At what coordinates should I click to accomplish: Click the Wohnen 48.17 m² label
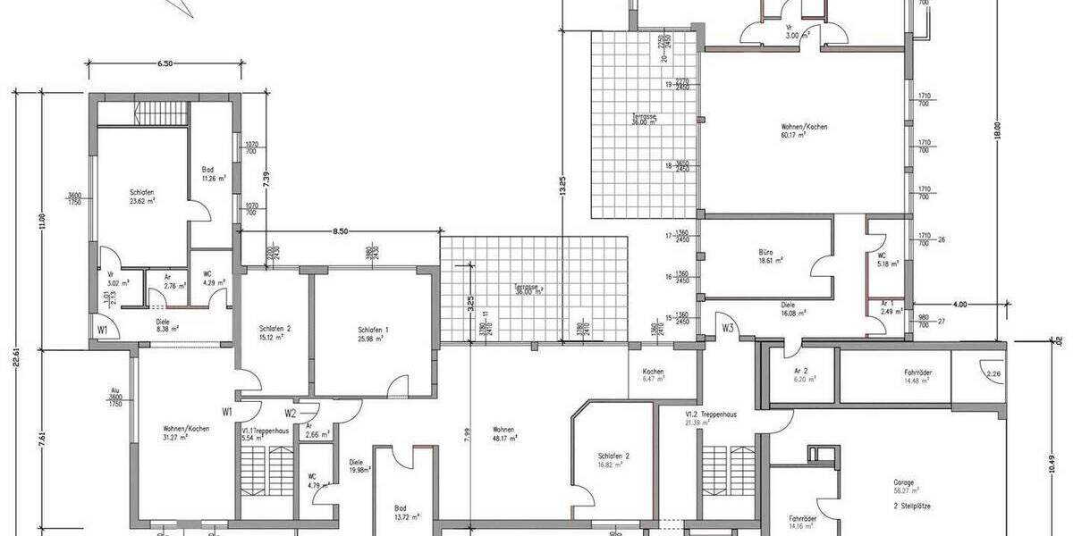pyautogui.click(x=505, y=434)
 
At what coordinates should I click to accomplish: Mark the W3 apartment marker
pyautogui.click(x=729, y=328)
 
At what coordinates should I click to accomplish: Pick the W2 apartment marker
pyautogui.click(x=290, y=413)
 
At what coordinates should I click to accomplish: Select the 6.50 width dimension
pyautogui.click(x=165, y=64)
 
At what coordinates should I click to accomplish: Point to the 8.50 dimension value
pyautogui.click(x=341, y=231)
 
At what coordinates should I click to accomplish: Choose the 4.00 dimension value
pyautogui.click(x=959, y=305)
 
